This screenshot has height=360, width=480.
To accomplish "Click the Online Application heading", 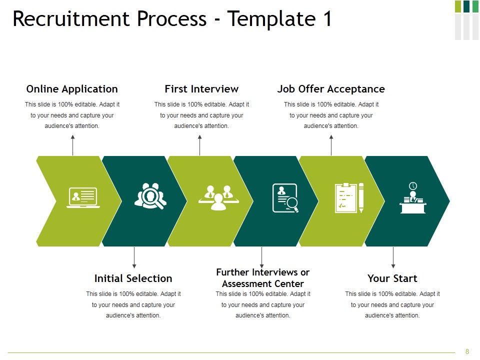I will (72, 89).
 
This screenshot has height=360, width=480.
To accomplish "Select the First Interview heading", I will (201, 89).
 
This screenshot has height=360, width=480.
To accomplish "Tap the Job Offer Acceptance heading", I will (331, 89).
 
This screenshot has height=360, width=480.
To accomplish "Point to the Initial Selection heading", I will (133, 278).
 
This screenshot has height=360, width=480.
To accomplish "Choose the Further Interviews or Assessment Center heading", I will (262, 278).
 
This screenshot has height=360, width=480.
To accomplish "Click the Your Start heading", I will (392, 278).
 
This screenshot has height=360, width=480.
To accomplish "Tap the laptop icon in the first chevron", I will (83, 198).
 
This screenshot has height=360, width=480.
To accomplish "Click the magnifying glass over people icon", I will (150, 196).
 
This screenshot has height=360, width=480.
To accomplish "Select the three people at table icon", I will (218, 197).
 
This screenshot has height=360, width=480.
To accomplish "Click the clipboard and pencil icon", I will (349, 198).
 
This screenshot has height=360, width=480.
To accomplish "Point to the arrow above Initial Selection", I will (134, 258).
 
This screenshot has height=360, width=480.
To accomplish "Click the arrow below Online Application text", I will (73, 144).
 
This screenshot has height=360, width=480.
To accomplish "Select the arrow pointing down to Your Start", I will (393, 258).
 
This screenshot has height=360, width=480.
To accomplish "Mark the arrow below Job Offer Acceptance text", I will (331, 144).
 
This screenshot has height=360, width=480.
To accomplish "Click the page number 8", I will (467, 351).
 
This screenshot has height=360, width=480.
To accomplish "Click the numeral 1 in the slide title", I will (326, 19).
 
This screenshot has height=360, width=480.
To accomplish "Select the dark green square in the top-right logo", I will (466, 6).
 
